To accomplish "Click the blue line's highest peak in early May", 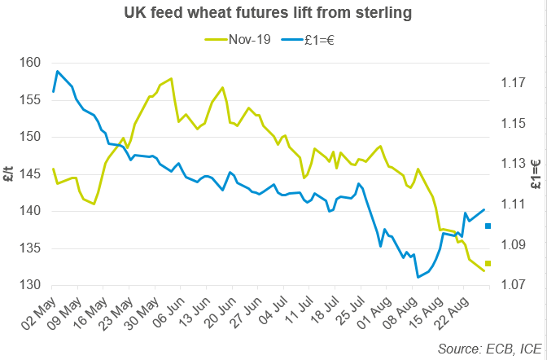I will click(x=57, y=71).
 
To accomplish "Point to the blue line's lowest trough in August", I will click(x=418, y=278).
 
